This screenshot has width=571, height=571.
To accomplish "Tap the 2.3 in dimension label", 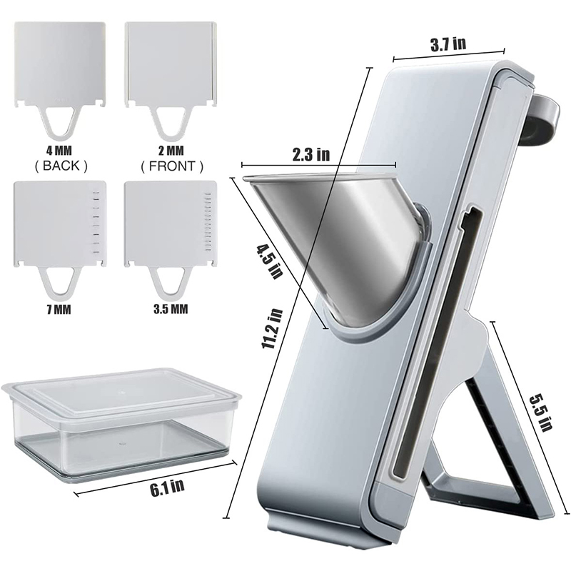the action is click(x=311, y=154).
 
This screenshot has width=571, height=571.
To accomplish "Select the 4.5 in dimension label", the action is click(x=270, y=261).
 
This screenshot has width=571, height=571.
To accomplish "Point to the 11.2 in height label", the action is click(x=273, y=328).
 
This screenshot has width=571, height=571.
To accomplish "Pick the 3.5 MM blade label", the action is click(x=171, y=309).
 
